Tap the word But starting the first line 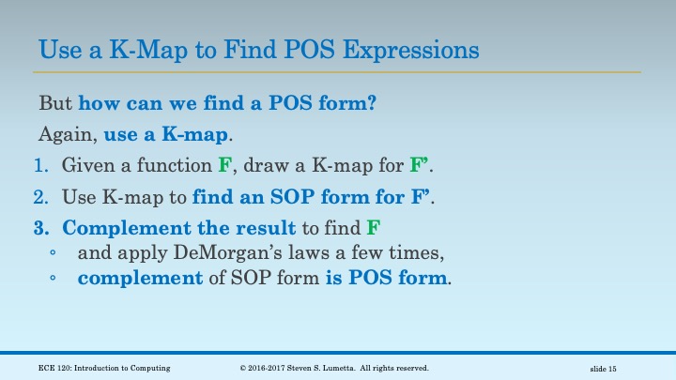tap(55, 103)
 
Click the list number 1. tap(39, 166)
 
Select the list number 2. tap(39, 198)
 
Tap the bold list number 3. tap(39, 230)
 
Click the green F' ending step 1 tap(421, 166)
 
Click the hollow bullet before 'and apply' tap(54, 254)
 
